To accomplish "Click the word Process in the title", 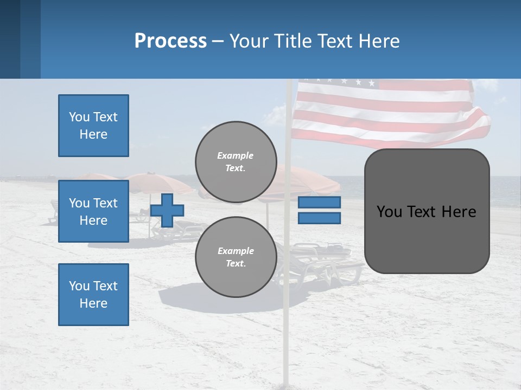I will (x=170, y=41).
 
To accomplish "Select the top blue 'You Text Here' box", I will (x=93, y=126).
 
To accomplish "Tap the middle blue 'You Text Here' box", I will (x=93, y=211).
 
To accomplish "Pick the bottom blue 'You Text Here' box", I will (x=93, y=295).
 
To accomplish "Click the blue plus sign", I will (x=167, y=211).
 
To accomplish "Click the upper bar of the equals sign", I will (x=319, y=203).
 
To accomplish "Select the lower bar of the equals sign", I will (x=319, y=218).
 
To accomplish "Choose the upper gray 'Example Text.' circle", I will (x=236, y=162).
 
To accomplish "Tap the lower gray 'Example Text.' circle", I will (x=236, y=257).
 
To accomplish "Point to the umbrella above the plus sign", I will (x=157, y=182).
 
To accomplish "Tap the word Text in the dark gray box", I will (x=426, y=212).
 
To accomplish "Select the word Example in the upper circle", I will (x=236, y=155).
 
